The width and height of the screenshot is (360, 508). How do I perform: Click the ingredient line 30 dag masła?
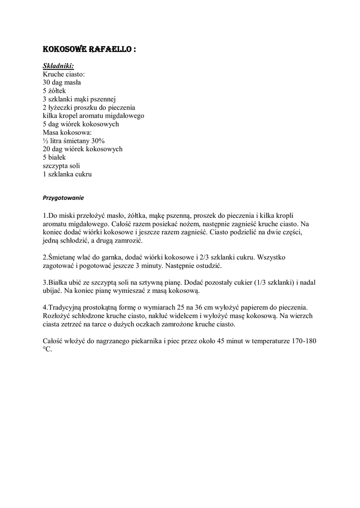coord(62,82)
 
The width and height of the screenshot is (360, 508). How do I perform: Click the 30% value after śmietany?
coord(97,141)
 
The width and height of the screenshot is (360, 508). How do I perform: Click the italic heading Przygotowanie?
coord(63,197)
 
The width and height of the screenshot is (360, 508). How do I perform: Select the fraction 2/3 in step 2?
coord(203,257)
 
